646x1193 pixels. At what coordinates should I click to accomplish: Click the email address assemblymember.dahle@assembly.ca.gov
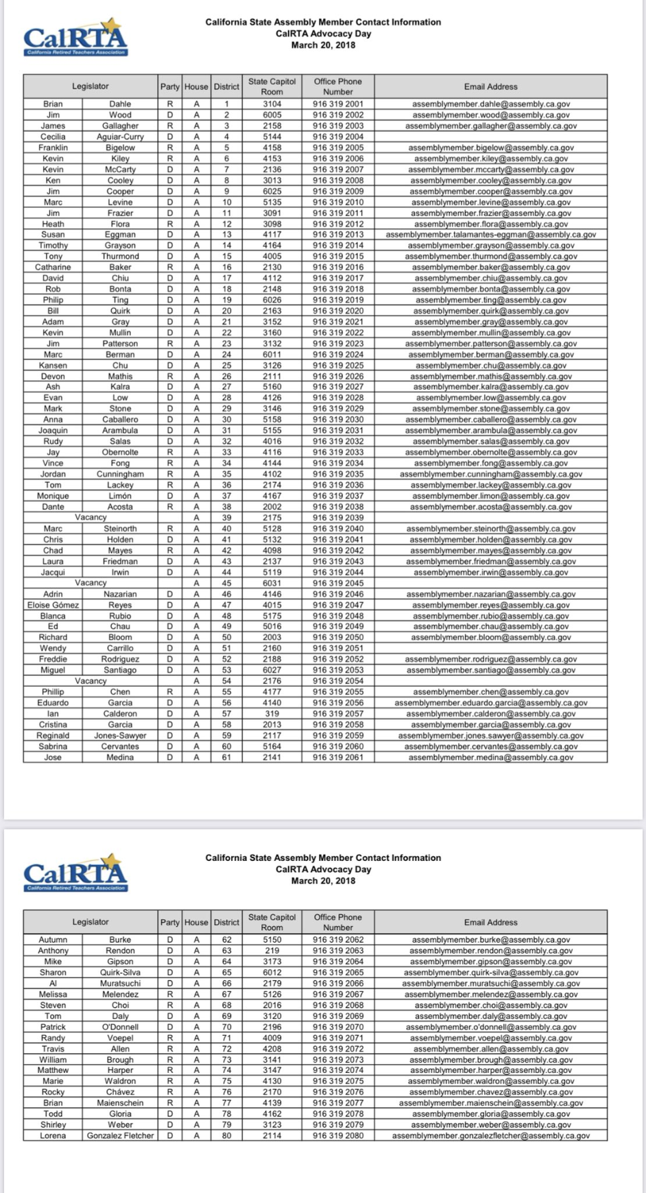tap(490, 104)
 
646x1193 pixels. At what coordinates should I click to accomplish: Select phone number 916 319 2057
tap(338, 714)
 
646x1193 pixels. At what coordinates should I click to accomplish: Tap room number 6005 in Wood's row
tap(272, 115)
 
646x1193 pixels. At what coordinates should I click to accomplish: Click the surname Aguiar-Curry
tap(120, 137)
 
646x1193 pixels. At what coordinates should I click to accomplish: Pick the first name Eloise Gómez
tap(53, 605)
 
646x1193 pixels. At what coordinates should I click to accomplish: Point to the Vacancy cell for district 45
tap(91, 583)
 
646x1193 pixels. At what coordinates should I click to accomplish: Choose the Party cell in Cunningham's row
tap(170, 474)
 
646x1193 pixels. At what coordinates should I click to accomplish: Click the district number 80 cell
tap(226, 1136)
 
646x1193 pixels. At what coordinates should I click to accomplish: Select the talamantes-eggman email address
tap(490, 235)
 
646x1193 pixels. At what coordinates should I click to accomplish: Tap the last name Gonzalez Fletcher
tap(120, 1136)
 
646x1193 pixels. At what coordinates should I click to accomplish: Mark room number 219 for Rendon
tap(272, 951)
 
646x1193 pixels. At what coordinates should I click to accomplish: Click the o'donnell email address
tap(490, 1027)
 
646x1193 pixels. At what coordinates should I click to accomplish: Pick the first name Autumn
tap(53, 940)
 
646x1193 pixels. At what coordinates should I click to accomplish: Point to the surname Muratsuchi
tap(120, 983)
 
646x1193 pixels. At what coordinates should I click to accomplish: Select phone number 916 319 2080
tap(338, 1136)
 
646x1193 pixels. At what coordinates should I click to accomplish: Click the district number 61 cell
tap(226, 757)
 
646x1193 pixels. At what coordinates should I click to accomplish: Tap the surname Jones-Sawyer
tap(120, 735)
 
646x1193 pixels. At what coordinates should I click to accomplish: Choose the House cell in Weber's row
tap(196, 1125)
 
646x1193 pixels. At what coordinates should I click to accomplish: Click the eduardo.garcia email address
tap(490, 703)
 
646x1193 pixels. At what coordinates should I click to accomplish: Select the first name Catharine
tap(53, 268)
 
